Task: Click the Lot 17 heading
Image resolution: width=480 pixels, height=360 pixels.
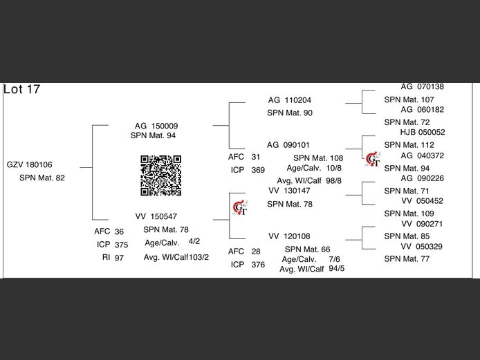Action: [22, 90]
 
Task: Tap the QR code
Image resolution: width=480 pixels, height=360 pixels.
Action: [161, 176]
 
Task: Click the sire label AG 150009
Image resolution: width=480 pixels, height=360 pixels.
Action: [156, 126]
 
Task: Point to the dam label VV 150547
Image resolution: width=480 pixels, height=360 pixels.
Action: [156, 216]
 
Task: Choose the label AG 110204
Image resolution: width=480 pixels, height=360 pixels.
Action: [289, 100]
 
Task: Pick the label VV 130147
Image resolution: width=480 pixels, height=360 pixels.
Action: [289, 190]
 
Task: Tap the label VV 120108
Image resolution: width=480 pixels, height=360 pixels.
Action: [289, 236]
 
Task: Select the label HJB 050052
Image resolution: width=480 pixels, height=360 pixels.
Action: [422, 132]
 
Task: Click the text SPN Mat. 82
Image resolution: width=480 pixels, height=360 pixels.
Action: [42, 178]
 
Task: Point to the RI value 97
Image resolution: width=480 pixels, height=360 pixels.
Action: [119, 257]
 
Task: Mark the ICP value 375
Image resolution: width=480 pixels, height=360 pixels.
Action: [121, 245]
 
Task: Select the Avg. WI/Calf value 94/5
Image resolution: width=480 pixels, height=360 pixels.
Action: [337, 268]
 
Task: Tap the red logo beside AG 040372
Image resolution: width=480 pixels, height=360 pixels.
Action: [373, 159]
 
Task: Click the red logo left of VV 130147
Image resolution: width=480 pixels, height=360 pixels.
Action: [241, 205]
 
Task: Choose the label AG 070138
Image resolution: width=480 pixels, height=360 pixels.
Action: [422, 87]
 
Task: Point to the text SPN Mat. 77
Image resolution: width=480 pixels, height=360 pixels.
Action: [407, 258]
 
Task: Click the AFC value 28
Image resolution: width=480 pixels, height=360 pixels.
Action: [256, 252]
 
